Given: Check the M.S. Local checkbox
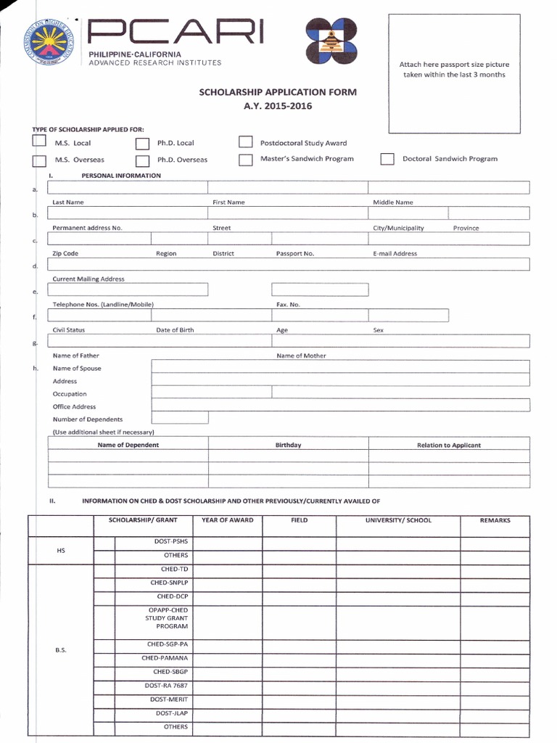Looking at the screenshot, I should click(39, 142).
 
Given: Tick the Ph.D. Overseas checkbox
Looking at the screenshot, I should click(143, 160).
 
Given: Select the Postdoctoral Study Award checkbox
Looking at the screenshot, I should click(246, 142).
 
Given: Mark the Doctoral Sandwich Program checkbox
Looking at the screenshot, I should click(387, 159).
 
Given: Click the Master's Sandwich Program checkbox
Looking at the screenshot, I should click(246, 159).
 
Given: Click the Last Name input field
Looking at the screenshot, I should click(128, 188).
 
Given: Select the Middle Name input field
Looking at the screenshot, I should click(449, 188).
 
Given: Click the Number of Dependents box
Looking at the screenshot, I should click(180, 418).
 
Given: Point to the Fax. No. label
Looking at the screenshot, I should click(288, 305).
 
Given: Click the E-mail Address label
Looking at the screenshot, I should click(395, 254).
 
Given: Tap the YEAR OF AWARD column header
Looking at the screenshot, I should click(228, 520).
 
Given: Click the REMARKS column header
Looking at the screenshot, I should click(495, 520).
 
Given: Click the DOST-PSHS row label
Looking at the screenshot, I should click(170, 542).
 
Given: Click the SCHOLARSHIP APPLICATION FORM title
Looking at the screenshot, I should click(278, 93).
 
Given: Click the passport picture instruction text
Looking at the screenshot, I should click(454, 70).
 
